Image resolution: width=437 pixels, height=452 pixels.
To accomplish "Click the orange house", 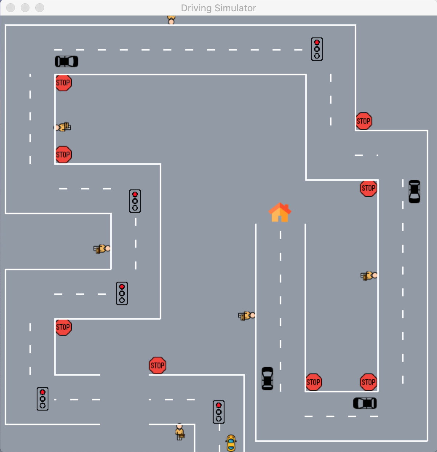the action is click(280, 212).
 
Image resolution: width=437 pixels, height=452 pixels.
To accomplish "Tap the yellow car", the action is click(231, 443).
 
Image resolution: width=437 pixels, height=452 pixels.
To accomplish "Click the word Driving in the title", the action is click(196, 8).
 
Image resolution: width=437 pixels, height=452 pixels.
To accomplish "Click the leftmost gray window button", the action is click(11, 8).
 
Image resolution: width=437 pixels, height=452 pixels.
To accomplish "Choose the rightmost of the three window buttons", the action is click(40, 8).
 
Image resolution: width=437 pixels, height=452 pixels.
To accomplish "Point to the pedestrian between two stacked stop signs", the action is click(63, 127).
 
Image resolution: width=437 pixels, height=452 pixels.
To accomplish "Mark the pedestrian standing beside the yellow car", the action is click(180, 431).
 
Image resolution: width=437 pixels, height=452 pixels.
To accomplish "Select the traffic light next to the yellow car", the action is click(218, 412).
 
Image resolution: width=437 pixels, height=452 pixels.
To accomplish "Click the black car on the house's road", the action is click(267, 378).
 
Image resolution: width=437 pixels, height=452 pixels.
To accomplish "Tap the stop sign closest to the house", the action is click(368, 188).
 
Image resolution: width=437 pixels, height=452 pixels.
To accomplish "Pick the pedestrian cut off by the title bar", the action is click(171, 20).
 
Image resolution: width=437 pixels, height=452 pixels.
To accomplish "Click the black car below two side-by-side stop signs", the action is click(365, 403).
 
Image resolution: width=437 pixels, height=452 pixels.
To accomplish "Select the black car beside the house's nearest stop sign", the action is click(414, 191).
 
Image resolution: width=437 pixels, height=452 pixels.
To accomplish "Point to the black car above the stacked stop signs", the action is click(67, 61).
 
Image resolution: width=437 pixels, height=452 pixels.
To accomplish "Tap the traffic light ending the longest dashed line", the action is click(317, 49).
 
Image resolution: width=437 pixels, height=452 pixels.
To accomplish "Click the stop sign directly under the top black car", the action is click(63, 83).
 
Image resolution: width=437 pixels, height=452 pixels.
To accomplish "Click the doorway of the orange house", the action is click(280, 218).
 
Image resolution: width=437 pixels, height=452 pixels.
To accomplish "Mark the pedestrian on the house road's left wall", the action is click(247, 316).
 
